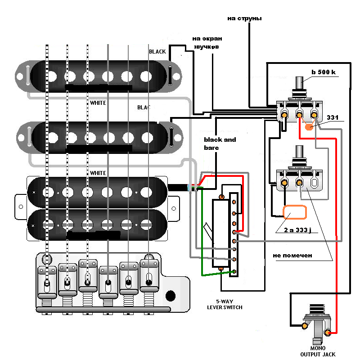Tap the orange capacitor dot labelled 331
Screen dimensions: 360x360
click(310, 127)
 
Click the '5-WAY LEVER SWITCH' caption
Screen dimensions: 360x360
click(225, 304)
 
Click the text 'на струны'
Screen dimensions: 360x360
click(244, 18)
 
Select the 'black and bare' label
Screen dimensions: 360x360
click(220, 143)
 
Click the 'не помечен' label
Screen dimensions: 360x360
click(292, 255)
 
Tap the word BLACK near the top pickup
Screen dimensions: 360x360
click(157, 52)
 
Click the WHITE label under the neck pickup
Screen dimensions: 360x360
click(98, 103)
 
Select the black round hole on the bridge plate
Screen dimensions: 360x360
click(170, 296)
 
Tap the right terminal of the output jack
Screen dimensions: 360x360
click(328, 333)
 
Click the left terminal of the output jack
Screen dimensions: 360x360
click(304, 325)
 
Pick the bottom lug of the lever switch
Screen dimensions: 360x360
click(234, 271)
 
